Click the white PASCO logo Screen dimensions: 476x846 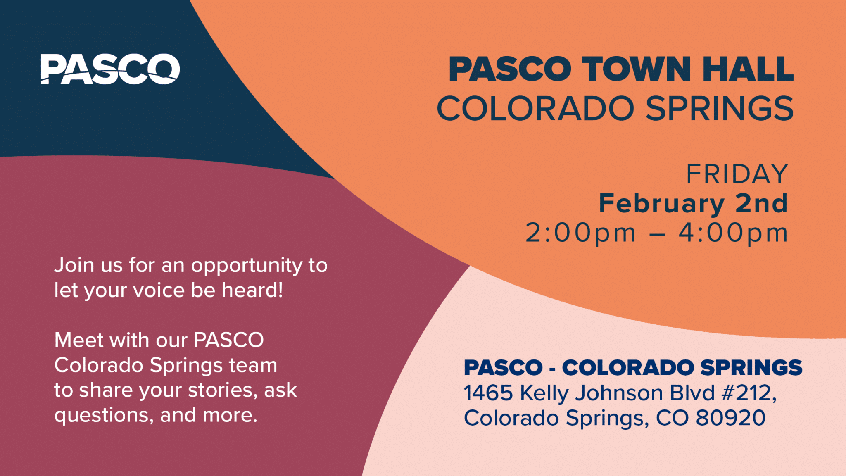tap(110, 69)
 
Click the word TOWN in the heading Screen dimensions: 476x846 tap(636, 69)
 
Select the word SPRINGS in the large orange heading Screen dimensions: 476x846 tap(719, 109)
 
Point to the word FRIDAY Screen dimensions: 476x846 tap(737, 174)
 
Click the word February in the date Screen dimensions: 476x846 tap(661, 204)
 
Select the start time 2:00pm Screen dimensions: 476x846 tap(580, 233)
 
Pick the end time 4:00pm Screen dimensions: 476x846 tap(733, 233)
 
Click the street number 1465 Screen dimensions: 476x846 tap(488, 393)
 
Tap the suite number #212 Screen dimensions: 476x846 tap(746, 393)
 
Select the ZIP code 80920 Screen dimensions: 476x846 tap(730, 418)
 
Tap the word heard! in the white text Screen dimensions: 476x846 tap(252, 290)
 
